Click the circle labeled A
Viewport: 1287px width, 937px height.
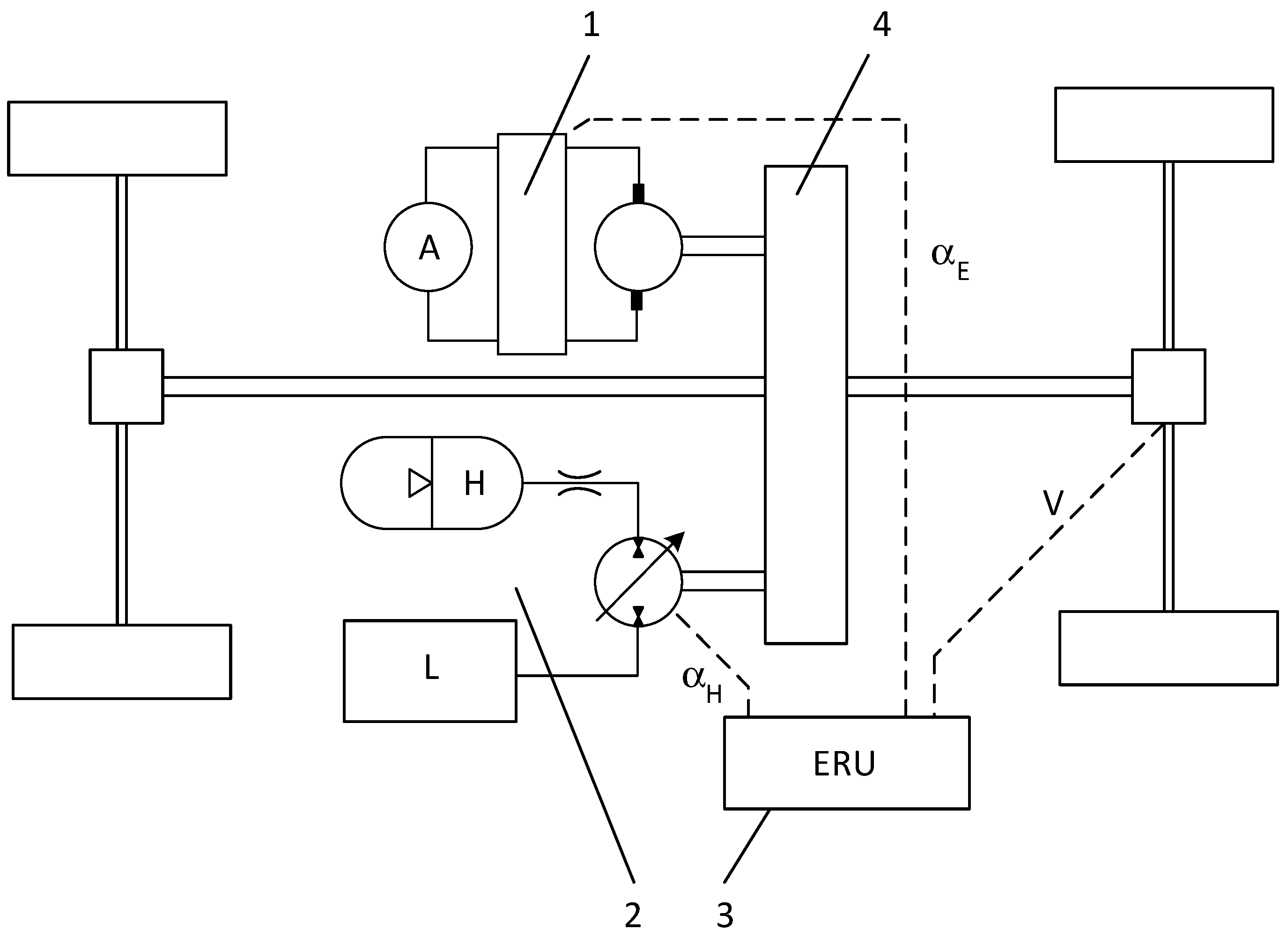coord(428,247)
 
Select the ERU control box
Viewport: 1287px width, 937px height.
coord(846,763)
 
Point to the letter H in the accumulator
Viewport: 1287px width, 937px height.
coord(474,484)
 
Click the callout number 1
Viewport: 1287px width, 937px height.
coord(591,26)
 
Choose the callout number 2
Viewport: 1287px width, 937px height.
coord(632,915)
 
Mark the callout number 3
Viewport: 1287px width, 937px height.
coord(725,915)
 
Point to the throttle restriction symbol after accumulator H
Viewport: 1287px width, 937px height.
coord(579,483)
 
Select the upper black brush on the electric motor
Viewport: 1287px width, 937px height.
coord(638,193)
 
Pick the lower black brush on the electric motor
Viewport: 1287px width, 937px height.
coord(636,300)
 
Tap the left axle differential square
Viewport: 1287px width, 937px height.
coord(126,386)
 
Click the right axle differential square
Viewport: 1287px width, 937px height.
coord(1169,386)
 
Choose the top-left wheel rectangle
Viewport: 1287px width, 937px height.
coord(117,139)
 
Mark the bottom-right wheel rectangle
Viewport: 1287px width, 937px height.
coord(1169,648)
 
